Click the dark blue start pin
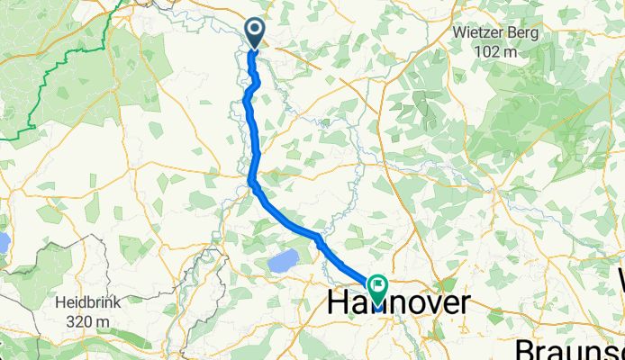pos(255,34)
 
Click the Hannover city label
pos(396,303)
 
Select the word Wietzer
pos(482,34)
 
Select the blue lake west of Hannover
pos(282,263)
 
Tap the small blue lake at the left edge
pos(3,241)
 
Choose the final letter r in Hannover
pos(463,304)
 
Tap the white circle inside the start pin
pos(255,31)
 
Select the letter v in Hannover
pos(425,304)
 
